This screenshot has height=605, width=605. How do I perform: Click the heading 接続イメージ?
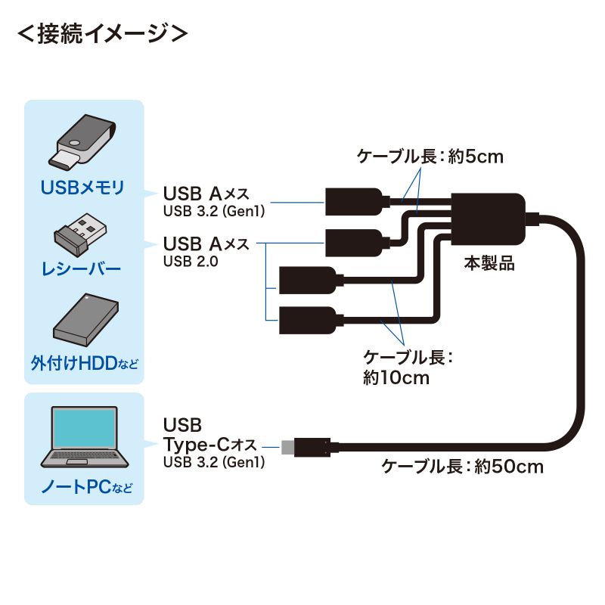pyautogui.click(x=101, y=34)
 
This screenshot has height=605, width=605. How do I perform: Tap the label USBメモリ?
pyautogui.click(x=83, y=188)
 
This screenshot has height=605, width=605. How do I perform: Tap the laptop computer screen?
pyautogui.click(x=83, y=430)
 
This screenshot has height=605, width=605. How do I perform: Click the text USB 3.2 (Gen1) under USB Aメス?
pyautogui.click(x=214, y=212)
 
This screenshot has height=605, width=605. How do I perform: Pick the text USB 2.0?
pyautogui.click(x=190, y=262)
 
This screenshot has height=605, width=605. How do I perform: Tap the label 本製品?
pyautogui.click(x=489, y=264)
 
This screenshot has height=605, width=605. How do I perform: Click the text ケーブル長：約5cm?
pyautogui.click(x=430, y=157)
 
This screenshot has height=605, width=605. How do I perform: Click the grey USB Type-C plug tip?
pyautogui.click(x=287, y=446)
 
